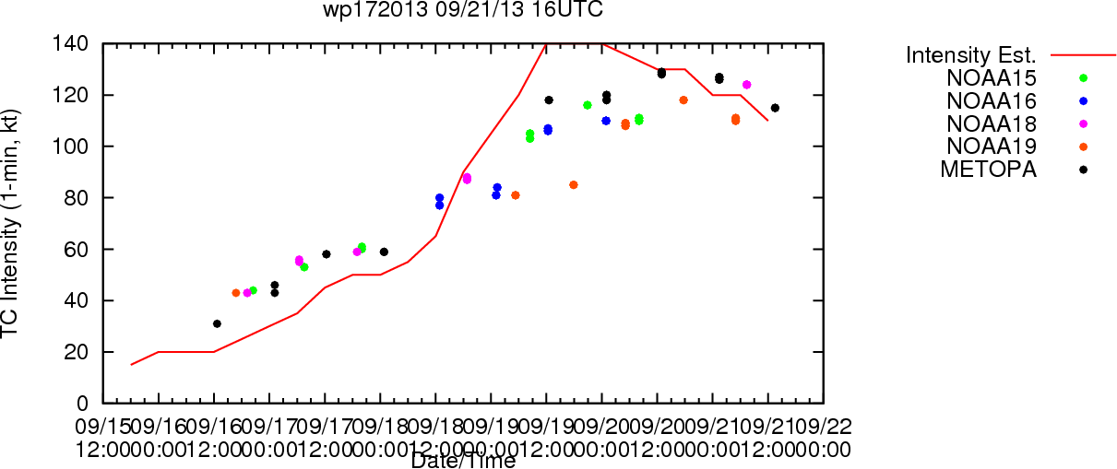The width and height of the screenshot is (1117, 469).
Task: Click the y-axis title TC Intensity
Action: (10, 224)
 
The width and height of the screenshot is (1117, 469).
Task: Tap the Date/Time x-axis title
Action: (463, 461)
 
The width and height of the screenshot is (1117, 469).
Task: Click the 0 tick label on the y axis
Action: (84, 404)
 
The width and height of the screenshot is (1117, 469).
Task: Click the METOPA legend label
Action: (989, 169)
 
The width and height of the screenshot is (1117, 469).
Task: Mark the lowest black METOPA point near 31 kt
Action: (217, 323)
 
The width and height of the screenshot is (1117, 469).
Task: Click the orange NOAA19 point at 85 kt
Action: (574, 184)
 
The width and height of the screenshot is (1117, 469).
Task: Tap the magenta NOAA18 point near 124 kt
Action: (746, 85)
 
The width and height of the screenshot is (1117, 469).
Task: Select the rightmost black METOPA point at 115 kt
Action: (775, 108)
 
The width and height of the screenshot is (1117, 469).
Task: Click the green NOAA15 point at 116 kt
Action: (588, 105)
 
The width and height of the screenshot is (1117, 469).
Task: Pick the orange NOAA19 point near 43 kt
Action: (236, 292)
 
